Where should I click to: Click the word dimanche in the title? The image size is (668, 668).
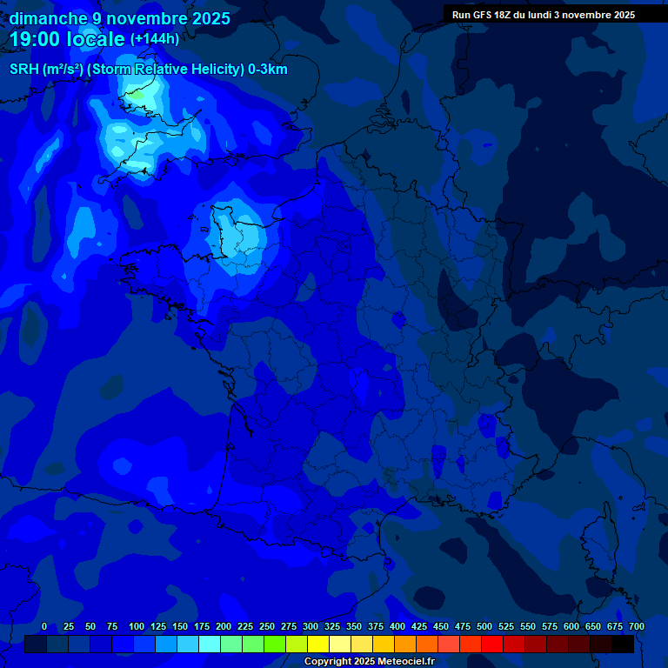tap(43, 18)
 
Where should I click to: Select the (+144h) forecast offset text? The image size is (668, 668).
tap(155, 39)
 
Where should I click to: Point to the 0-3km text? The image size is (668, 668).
tap(268, 70)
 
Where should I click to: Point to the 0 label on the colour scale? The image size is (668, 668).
tap(44, 626)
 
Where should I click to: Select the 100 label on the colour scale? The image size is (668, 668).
tap(137, 626)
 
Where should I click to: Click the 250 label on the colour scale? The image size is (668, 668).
tap(267, 626)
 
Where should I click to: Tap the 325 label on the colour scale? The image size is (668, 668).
tap(332, 626)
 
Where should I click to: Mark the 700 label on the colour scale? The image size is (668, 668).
tap(636, 626)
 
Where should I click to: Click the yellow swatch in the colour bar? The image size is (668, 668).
tap(318, 645)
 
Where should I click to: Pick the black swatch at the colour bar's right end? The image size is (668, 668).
tap(623, 645)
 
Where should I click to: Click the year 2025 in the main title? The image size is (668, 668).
tap(210, 18)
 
